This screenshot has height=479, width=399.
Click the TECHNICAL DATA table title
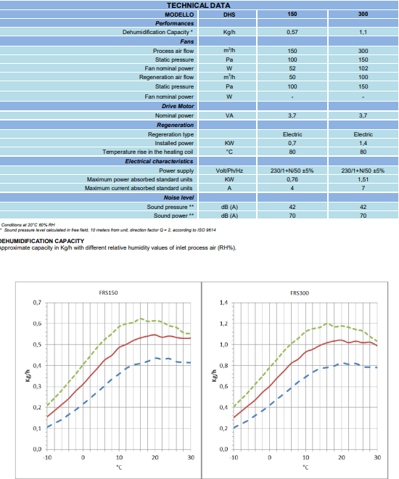pos(199,5)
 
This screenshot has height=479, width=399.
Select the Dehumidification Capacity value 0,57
pos(292,32)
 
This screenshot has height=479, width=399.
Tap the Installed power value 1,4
pos(363,143)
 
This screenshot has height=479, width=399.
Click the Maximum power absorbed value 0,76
pos(292,179)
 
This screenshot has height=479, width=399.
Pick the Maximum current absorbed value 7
pos(363,188)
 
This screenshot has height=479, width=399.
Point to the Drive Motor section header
pos(178,106)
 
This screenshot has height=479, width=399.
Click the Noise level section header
pos(178,197)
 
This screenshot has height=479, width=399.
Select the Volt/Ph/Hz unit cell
pos(229,171)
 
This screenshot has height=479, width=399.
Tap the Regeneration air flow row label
pos(166,77)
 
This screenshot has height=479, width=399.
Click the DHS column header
pos(229,15)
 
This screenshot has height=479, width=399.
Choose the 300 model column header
pos(363,14)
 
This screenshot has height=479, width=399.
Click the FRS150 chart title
pos(108,292)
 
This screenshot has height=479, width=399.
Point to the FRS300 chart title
pos(300,293)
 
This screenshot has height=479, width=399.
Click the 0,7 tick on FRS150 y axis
pos(37,303)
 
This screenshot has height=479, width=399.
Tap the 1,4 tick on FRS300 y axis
pos(223,303)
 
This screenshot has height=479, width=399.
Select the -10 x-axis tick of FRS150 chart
pos(47,457)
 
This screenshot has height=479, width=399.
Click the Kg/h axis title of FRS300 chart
pos(214,375)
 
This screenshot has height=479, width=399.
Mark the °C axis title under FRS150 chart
pos(119,467)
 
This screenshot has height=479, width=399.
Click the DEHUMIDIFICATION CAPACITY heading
pos(42,241)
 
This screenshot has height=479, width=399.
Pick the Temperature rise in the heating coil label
pos(148,152)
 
